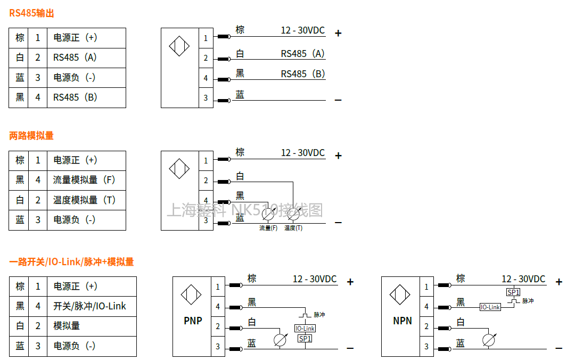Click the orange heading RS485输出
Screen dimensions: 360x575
[31, 13]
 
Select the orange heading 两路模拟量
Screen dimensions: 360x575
[31, 135]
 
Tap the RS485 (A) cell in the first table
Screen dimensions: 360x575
[75, 58]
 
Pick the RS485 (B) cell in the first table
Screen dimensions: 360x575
[75, 97]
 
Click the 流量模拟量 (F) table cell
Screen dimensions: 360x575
[84, 180]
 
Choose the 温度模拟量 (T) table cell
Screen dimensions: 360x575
[84, 200]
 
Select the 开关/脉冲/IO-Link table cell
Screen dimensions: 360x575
[89, 306]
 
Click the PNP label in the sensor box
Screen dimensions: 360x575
[193, 321]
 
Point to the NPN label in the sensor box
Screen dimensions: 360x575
[402, 321]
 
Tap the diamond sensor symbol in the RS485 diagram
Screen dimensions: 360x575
[179, 46]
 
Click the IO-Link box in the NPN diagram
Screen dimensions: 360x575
[490, 307]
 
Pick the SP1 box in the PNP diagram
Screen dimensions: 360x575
[305, 338]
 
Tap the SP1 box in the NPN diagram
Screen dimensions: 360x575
[513, 292]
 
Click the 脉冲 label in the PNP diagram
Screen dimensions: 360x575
[319, 315]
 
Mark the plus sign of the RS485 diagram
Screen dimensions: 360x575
[338, 33]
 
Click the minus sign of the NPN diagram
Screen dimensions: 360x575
[558, 348]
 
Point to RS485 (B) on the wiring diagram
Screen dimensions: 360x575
[303, 74]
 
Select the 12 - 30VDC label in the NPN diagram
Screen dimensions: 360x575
[523, 279]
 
